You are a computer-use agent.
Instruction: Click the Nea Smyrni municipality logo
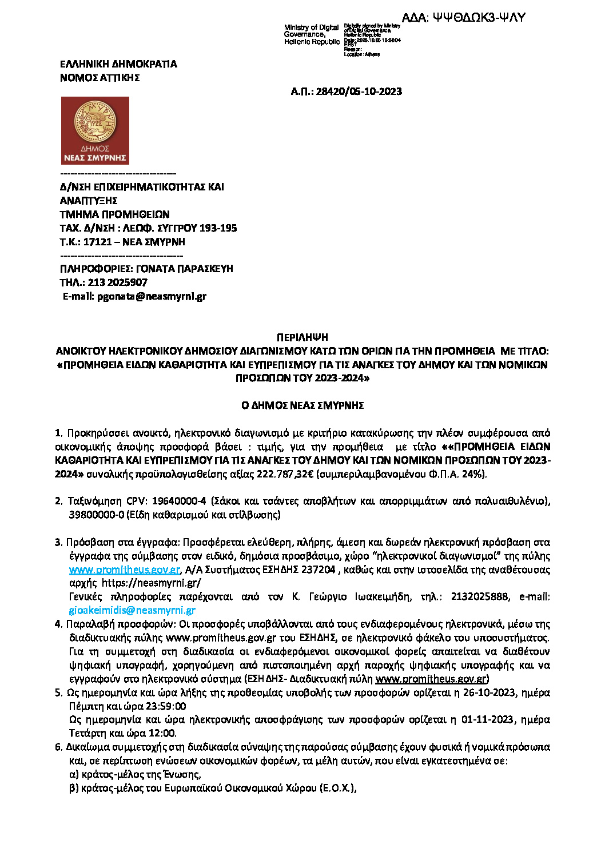point(95,130)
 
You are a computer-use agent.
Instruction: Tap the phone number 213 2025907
point(117,282)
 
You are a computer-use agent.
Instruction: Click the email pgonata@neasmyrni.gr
point(152,296)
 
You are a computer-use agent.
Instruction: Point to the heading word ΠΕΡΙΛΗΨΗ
point(302,337)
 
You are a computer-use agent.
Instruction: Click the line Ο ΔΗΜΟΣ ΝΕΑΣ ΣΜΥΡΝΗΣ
point(302,405)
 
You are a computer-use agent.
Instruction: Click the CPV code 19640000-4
point(178,501)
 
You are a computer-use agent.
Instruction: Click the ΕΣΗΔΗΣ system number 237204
point(318,570)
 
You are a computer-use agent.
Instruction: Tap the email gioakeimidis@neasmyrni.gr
point(132,611)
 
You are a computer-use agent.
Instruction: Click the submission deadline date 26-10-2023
point(493,693)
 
